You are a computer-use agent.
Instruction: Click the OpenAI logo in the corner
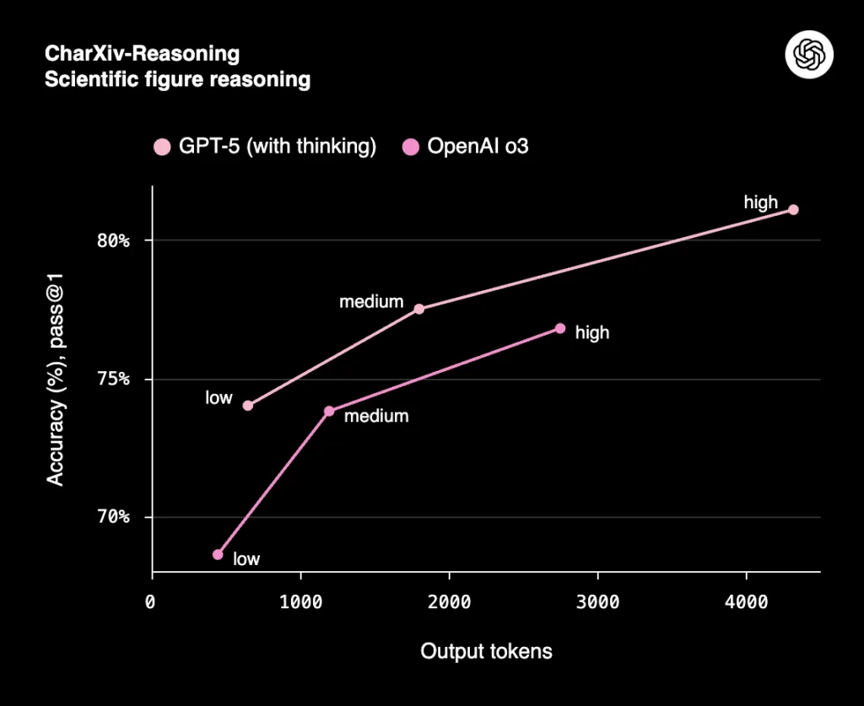point(809,56)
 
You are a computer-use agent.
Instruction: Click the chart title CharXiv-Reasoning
point(142,55)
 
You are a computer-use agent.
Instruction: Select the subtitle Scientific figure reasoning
point(177,80)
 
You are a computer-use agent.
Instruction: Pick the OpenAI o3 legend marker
point(411,147)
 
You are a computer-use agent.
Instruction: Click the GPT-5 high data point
point(793,210)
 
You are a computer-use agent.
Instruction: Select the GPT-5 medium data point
point(418,309)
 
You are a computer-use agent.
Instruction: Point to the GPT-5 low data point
point(247,406)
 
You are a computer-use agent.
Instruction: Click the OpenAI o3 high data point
point(560,328)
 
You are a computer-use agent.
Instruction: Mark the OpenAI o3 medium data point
point(329,411)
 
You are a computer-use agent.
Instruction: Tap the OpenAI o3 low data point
point(218,554)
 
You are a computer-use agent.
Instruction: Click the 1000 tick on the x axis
point(300,603)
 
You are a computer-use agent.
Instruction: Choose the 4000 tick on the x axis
point(746,603)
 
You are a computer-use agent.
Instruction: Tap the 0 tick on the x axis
point(151,603)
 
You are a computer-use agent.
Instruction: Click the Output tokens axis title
point(486,651)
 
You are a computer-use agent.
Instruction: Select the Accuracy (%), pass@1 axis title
point(56,379)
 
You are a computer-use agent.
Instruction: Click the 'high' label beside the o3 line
point(591,333)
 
